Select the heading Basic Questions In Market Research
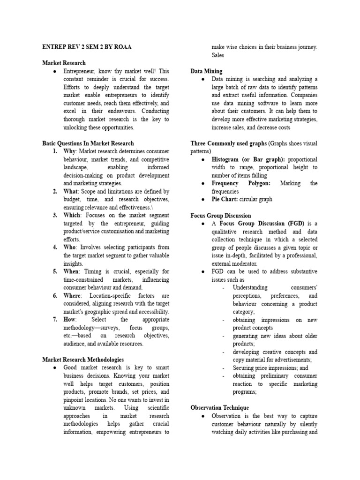pos(88,143)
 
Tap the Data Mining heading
pos(206,71)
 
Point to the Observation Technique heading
pos(220,408)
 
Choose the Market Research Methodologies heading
pos(83,360)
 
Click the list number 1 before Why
pos(55,151)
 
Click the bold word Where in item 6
pos(73,295)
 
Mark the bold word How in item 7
pos(70,320)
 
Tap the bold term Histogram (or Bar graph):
pos(248,159)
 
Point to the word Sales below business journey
pos(218,55)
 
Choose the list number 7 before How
pos(55,320)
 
